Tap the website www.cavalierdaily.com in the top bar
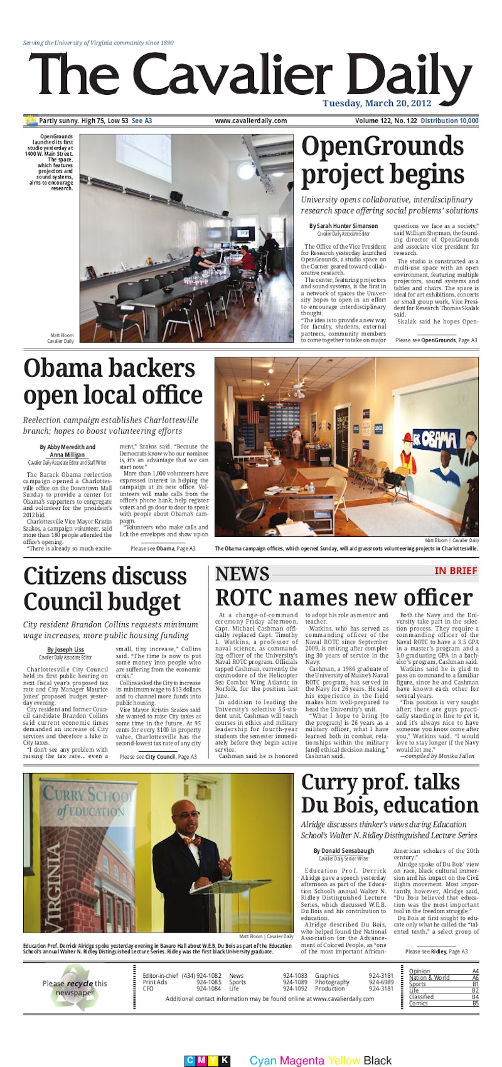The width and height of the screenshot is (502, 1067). [x=250, y=121]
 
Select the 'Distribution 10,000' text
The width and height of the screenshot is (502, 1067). [x=449, y=121]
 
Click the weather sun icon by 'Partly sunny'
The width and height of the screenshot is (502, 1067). [x=30, y=120]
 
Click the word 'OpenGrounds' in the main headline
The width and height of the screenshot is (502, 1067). [x=382, y=148]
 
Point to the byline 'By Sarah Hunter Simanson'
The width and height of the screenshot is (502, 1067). [x=343, y=225]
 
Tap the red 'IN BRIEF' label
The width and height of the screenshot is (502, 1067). [x=456, y=571]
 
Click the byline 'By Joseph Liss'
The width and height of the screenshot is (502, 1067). [x=65, y=649]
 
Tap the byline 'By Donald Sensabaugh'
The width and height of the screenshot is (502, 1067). [x=343, y=851]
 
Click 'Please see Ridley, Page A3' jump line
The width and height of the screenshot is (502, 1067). [x=435, y=951]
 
